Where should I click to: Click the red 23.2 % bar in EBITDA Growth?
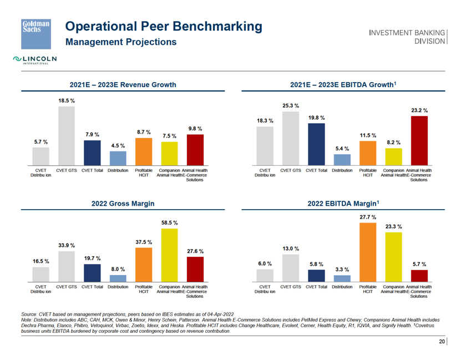coord(419,141)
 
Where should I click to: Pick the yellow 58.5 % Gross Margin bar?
coord(169,255)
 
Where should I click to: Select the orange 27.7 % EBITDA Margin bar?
coord(368,252)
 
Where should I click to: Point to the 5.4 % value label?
coord(342,149)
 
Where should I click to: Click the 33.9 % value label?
coord(67,245)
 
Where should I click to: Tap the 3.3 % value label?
coord(342,270)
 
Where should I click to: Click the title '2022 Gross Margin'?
coord(123,204)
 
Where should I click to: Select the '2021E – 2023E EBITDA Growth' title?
coord(342,84)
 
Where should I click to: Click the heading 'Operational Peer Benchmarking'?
coord(164,26)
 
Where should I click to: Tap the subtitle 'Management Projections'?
coord(121,42)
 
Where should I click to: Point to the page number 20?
coord(442,342)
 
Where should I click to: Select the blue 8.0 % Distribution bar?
coord(118,278)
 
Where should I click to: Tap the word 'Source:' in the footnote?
coord(29,315)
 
